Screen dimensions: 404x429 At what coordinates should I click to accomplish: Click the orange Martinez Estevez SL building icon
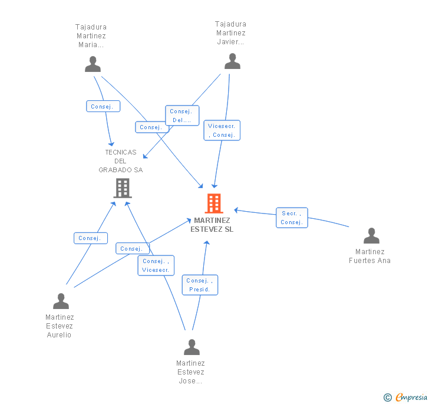(x=213, y=203)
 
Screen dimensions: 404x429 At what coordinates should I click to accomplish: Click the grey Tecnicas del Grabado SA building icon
(x=122, y=188)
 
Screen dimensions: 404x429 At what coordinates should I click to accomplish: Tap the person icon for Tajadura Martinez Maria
(x=93, y=64)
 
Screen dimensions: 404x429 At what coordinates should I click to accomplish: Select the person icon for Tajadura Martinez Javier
(x=232, y=61)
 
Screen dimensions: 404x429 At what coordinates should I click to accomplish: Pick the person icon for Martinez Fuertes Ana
(x=371, y=236)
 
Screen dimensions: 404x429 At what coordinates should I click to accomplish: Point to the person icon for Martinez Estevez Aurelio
(x=61, y=301)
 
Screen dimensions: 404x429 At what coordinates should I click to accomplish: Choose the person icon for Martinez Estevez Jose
(x=192, y=347)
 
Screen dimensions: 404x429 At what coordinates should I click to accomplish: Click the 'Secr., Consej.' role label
(x=292, y=218)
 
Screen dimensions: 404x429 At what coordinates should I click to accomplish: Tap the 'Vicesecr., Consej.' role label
(x=222, y=130)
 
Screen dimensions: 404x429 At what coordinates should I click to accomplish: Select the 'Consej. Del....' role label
(x=182, y=116)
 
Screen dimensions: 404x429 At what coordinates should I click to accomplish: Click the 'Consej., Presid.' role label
(x=200, y=285)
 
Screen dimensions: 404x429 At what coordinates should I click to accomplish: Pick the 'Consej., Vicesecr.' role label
(x=156, y=265)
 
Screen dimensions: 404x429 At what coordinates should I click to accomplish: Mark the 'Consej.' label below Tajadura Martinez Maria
(x=103, y=107)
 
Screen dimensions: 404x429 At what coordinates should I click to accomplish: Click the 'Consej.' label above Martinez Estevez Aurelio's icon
(x=90, y=238)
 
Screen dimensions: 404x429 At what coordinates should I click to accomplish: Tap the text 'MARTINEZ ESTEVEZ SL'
(x=212, y=225)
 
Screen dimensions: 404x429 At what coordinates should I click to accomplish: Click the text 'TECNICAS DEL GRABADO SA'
(x=121, y=161)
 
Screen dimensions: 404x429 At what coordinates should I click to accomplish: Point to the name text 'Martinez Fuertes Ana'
(x=369, y=256)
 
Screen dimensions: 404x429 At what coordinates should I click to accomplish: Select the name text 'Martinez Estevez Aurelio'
(x=60, y=326)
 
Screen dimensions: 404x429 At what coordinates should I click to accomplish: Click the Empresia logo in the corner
(x=411, y=398)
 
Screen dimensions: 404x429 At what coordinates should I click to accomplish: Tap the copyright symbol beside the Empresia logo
(x=387, y=398)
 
